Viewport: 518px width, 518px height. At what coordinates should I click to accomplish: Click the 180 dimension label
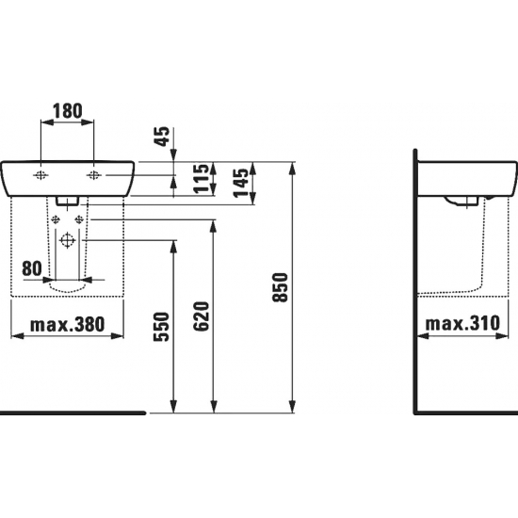(x=68, y=111)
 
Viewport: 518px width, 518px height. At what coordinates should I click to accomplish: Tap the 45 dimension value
(x=163, y=137)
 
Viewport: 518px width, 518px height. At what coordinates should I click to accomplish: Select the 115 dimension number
(x=202, y=178)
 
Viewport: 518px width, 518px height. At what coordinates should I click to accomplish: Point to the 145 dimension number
(x=241, y=183)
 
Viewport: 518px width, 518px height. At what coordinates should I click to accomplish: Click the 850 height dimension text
(x=281, y=287)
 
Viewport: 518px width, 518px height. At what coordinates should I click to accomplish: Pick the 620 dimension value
(x=202, y=316)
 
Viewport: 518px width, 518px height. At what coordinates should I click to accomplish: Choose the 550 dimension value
(x=162, y=327)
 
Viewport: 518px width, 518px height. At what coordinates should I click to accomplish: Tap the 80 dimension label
(x=32, y=268)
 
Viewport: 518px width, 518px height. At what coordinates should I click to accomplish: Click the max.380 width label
(x=68, y=324)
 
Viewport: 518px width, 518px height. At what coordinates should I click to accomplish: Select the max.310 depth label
(x=462, y=323)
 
